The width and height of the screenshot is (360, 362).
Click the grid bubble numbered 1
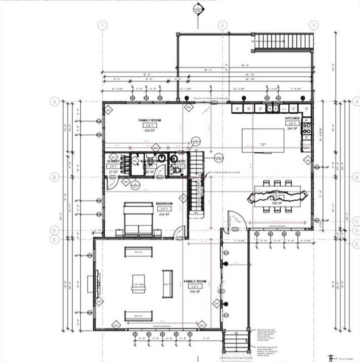102,25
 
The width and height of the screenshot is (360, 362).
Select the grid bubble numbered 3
312,25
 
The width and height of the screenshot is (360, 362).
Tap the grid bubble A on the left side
55,101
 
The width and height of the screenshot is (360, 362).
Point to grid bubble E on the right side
355,243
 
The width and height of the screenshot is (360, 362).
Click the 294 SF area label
150,130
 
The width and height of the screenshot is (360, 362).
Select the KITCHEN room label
292,117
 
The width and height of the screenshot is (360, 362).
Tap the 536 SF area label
195,291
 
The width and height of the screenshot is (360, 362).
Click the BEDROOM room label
164,203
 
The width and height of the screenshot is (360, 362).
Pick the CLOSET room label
113,161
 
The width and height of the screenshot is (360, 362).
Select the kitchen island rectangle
263,140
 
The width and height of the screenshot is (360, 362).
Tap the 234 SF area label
164,214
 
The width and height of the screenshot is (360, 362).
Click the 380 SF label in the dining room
276,203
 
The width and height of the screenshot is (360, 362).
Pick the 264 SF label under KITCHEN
292,128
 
